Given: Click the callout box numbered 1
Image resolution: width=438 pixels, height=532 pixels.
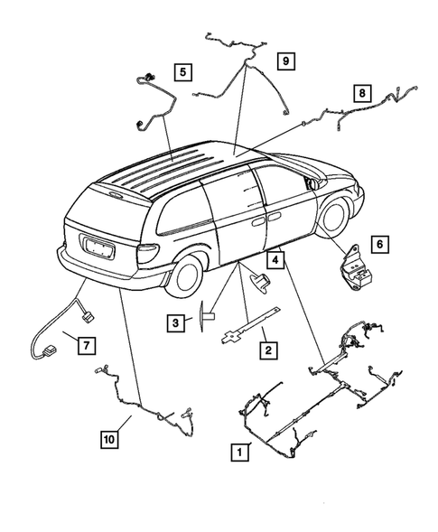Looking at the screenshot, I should [x=238, y=449].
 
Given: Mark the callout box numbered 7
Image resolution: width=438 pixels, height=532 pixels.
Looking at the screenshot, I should [x=87, y=344].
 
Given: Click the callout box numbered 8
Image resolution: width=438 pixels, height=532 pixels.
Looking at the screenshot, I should [x=361, y=92].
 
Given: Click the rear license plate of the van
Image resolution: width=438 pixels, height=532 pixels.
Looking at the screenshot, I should [x=96, y=244].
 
